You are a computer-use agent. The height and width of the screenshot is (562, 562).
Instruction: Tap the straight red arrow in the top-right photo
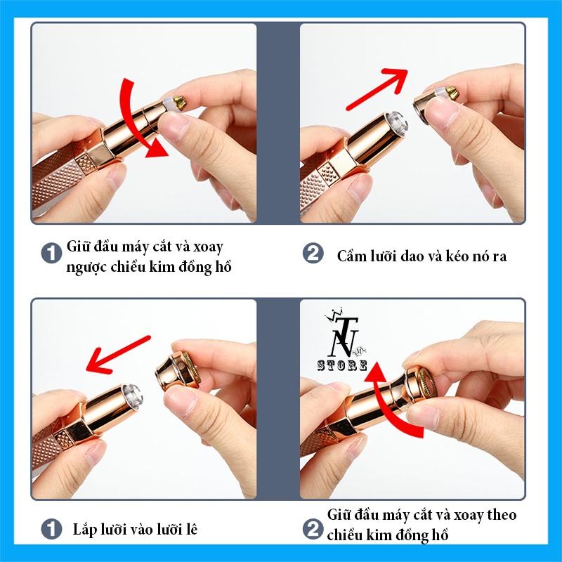coord(377,90)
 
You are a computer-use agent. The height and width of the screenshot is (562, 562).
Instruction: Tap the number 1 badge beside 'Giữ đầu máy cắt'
coord(52,254)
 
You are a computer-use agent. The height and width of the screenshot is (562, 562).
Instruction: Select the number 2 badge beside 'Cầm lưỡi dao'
coord(313,254)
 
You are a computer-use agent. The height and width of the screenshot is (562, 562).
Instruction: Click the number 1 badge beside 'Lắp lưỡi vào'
coord(52,530)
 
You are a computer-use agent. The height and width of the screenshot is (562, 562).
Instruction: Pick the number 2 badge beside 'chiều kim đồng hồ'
coord(313,530)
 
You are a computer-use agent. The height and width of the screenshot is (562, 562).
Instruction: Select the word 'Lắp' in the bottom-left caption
coord(84,530)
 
